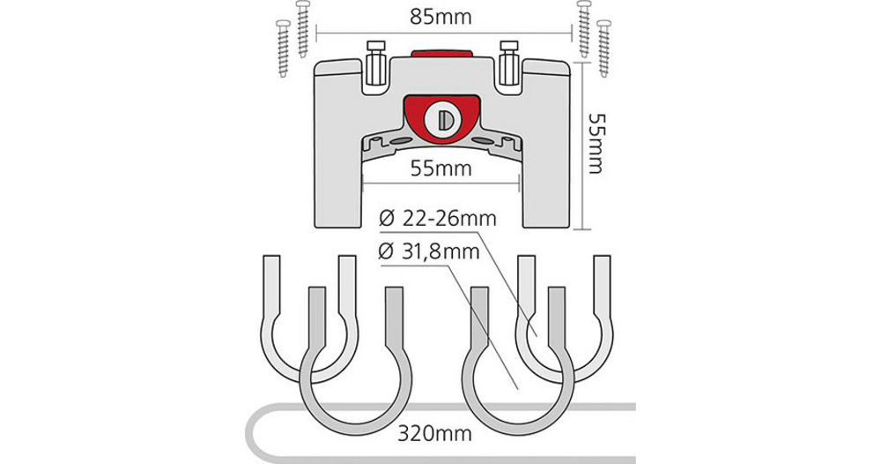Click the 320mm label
[x=433, y=434]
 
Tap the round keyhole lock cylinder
[x=440, y=117]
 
